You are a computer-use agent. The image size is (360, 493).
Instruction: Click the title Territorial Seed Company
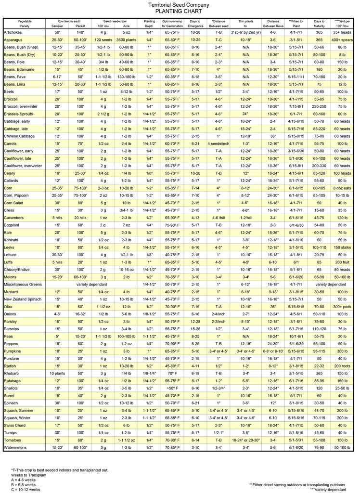tap(180, 4)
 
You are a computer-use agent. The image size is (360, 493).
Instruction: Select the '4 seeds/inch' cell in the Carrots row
tap(219, 143)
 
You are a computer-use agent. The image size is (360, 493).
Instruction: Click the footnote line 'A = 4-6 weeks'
tap(25, 480)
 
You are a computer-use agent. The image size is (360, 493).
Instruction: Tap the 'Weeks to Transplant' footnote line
tap(28, 475)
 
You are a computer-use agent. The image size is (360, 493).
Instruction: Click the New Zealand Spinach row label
tap(24, 299)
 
